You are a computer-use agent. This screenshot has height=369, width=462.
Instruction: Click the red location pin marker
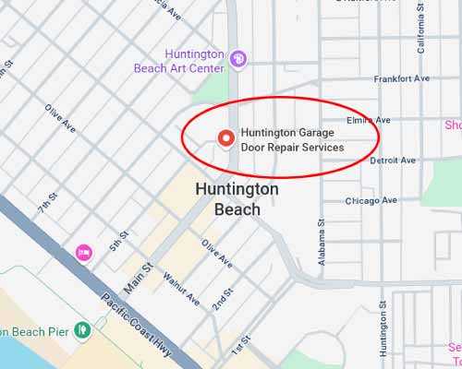[x=225, y=139]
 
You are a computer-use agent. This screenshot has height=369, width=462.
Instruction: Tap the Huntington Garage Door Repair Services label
[x=292, y=140]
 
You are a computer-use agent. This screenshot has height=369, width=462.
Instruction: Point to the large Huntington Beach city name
[x=237, y=198]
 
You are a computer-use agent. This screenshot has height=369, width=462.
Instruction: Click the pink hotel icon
[x=83, y=252]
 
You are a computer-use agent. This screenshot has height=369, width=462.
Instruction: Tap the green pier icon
[x=82, y=328]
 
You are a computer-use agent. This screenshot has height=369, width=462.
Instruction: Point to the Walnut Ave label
[x=181, y=286]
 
